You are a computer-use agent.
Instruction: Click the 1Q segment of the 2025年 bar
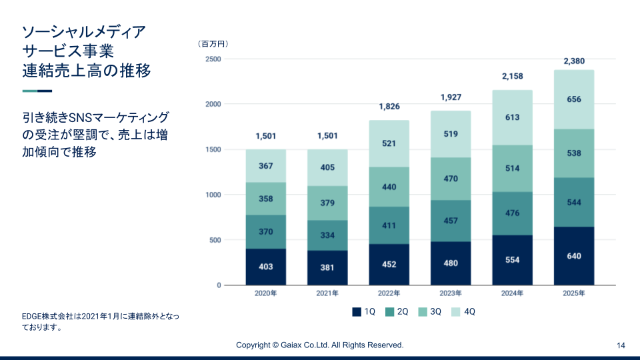[574, 256]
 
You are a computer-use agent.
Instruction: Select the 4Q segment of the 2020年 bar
[266, 166]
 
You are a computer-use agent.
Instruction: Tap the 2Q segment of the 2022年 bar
[389, 225]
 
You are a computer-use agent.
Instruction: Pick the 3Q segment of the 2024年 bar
[512, 168]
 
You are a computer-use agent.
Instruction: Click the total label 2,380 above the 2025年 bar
[574, 61]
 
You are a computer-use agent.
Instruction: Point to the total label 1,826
[389, 107]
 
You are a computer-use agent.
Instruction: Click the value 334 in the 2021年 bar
[327, 235]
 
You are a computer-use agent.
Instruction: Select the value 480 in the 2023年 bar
[451, 263]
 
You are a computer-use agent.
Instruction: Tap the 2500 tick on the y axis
[213, 59]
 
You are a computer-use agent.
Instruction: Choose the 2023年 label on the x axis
[451, 293]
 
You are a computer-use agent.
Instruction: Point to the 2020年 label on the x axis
[266, 293]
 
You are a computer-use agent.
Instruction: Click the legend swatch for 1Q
[357, 311]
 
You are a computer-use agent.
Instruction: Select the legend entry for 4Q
[463, 311]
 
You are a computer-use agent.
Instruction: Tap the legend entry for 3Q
[429, 311]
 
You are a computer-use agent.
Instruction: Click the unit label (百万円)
[213, 44]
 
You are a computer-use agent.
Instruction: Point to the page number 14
[621, 345]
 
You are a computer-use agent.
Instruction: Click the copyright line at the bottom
[320, 345]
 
